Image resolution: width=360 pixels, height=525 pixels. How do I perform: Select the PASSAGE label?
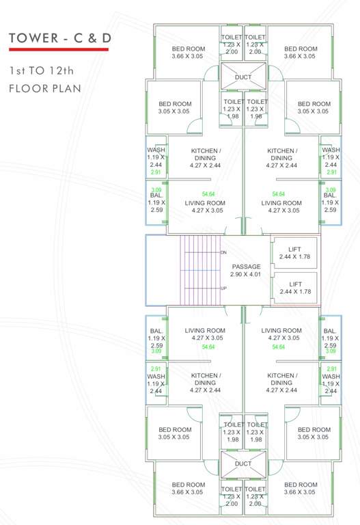click(246, 267)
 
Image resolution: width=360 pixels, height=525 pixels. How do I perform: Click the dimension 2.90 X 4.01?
click(246, 274)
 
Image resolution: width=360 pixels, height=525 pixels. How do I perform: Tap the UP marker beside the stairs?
click(223, 288)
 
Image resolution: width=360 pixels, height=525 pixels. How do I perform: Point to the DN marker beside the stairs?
click(223, 253)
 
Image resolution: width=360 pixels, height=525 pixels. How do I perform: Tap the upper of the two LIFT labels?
click(295, 249)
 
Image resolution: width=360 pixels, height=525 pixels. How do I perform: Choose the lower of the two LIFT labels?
click(295, 284)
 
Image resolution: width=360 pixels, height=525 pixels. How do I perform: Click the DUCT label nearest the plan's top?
click(243, 77)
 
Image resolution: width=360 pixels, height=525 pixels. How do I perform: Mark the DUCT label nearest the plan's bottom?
click(243, 463)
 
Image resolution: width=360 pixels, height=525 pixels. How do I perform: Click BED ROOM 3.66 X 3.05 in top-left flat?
click(188, 52)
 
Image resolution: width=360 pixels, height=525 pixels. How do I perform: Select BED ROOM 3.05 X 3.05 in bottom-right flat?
click(313, 433)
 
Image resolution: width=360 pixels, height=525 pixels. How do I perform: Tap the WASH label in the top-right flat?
click(331, 150)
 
